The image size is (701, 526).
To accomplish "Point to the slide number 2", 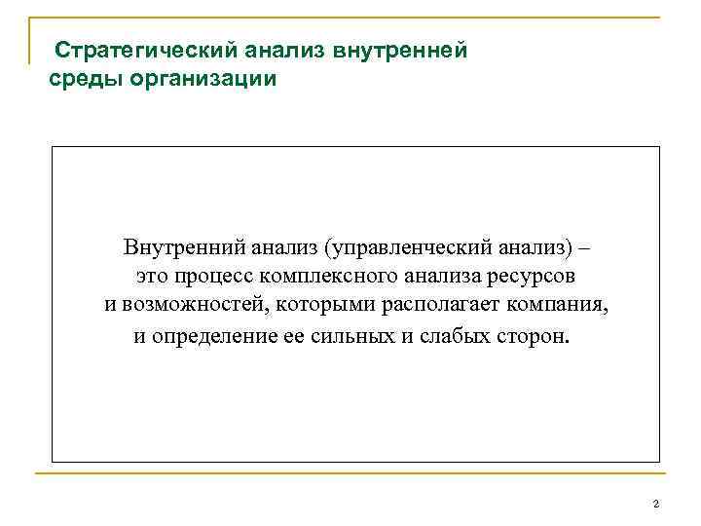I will pos(656,504).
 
